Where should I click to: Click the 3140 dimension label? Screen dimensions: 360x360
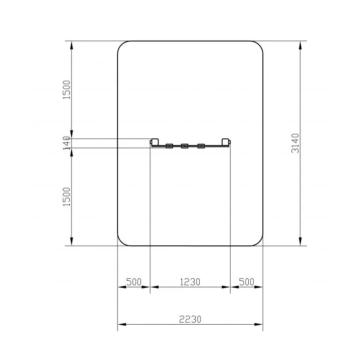(x=296, y=143)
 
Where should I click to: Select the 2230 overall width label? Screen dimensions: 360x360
(x=190, y=319)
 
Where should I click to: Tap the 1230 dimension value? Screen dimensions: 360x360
(x=190, y=282)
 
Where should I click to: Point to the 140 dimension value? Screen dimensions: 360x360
(x=66, y=143)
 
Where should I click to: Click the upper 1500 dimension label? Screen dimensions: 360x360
(x=67, y=90)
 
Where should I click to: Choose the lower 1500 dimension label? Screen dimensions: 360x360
(x=67, y=197)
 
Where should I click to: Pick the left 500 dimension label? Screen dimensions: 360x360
(x=134, y=282)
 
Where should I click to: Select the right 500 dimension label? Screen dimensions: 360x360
(x=246, y=282)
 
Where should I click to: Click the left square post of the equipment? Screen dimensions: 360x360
(x=155, y=142)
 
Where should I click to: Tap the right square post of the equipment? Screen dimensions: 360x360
(x=225, y=142)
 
